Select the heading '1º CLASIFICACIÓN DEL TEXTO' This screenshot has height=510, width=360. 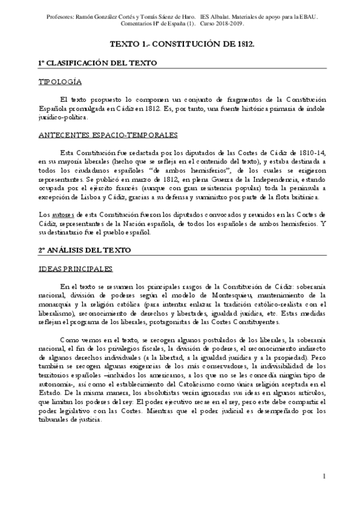97,63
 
